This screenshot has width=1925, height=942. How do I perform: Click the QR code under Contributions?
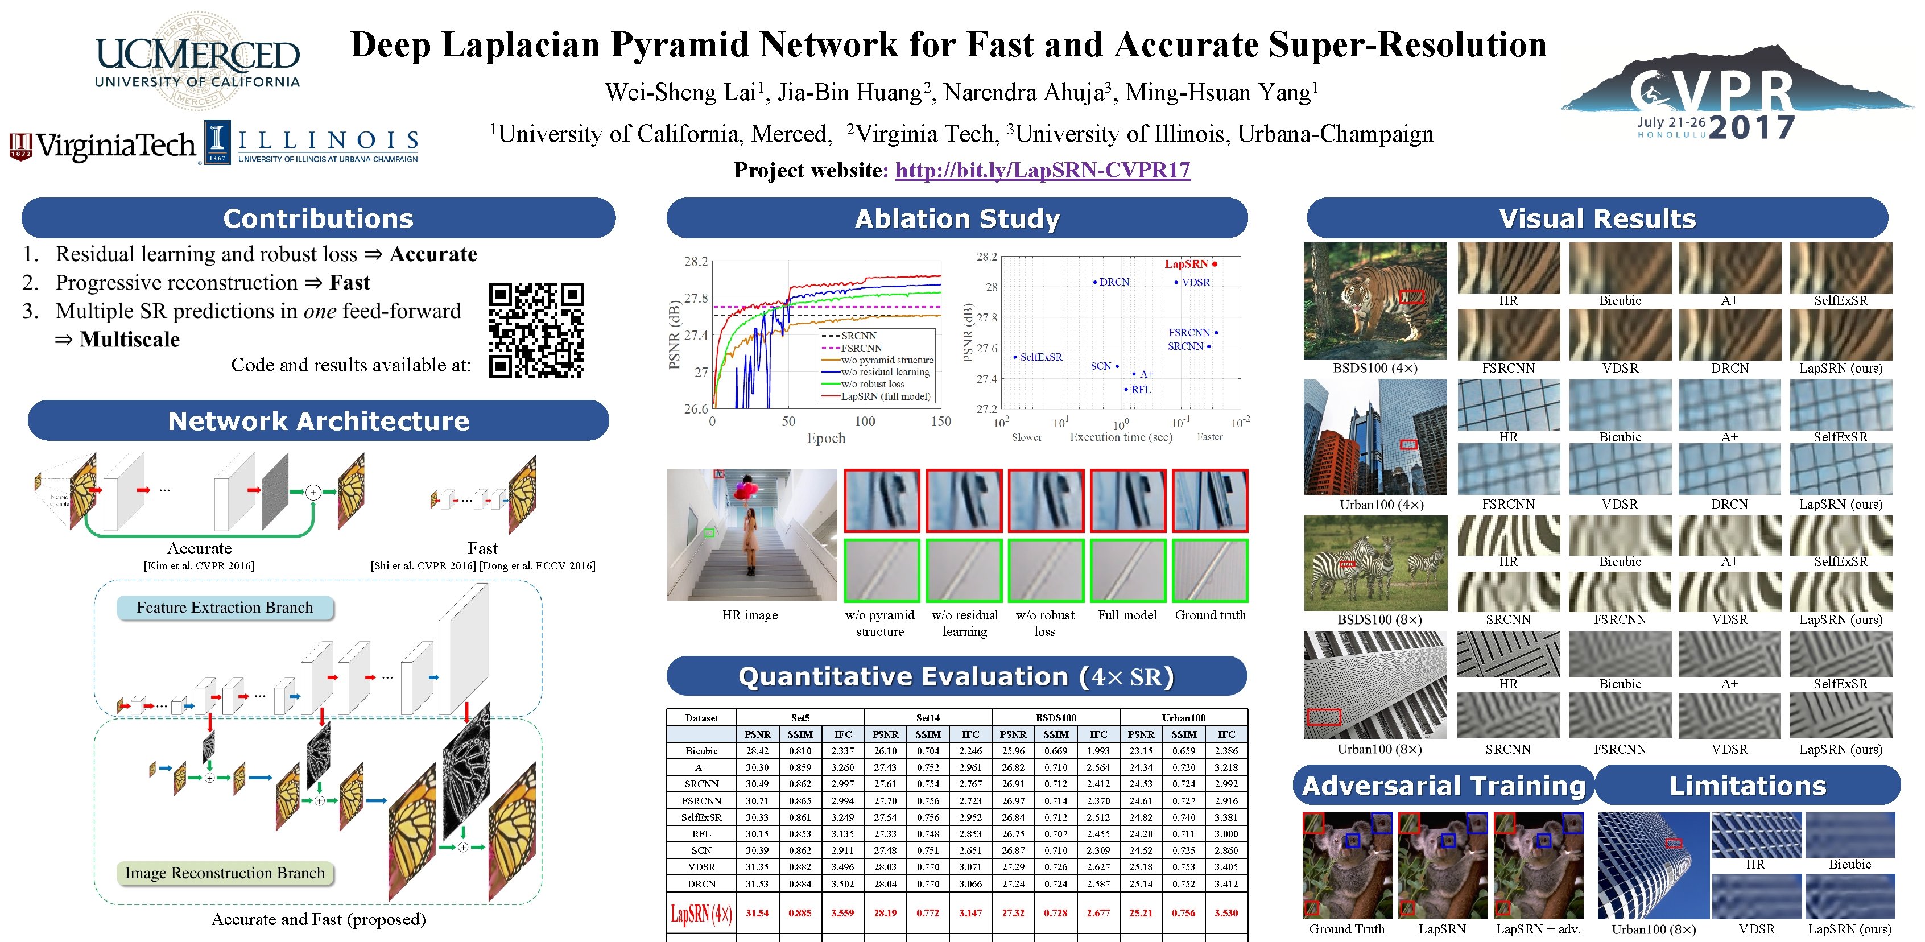tap(536, 330)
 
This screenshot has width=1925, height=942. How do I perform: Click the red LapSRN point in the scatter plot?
tap(1215, 264)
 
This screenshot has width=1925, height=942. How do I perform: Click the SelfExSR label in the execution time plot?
tap(1040, 357)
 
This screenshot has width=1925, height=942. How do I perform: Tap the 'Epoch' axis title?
tap(826, 439)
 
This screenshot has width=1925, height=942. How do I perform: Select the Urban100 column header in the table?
tap(1184, 718)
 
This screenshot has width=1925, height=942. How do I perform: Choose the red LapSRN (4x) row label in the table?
tap(701, 913)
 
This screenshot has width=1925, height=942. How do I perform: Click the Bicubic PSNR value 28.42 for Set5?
tap(757, 751)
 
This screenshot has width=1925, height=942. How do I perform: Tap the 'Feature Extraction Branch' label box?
tap(225, 608)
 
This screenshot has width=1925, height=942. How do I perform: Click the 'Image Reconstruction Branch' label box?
tap(225, 873)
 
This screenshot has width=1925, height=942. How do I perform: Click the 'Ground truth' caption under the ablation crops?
tap(1210, 615)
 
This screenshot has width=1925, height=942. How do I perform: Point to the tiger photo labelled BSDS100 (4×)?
tap(1374, 301)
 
